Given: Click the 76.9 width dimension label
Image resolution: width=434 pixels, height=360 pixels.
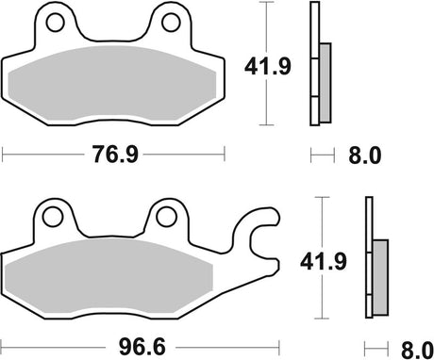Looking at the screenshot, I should point(113,154).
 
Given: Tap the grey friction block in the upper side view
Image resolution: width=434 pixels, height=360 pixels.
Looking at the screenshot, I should point(325,83).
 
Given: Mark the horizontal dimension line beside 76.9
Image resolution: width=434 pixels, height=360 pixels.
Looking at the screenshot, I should point(47,154).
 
